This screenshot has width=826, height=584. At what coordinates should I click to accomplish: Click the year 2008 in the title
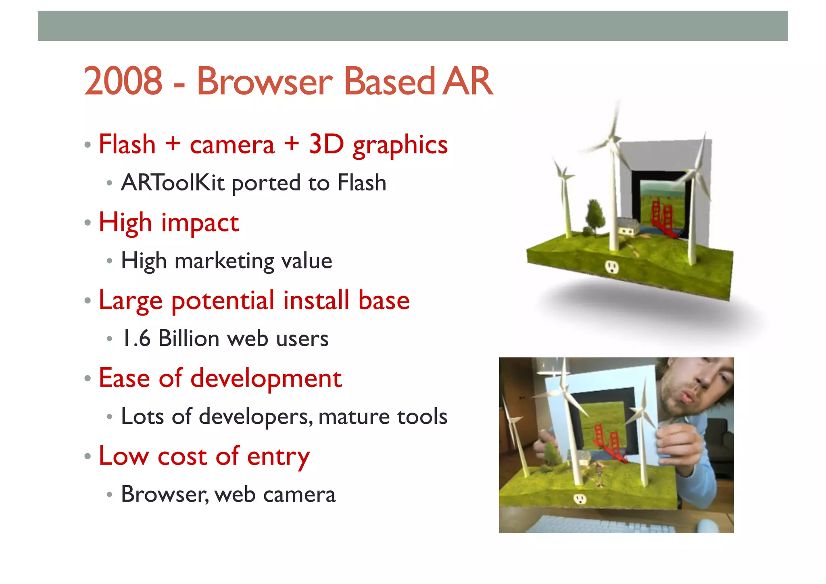pos(123,82)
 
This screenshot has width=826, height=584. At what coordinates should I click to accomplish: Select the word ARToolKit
pos(173,183)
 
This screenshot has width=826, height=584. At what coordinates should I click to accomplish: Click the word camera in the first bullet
pos(232,145)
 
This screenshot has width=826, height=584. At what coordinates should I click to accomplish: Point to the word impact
pos(200,223)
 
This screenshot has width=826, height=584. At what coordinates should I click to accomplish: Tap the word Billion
pos(189,339)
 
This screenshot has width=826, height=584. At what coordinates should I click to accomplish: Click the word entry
pos(278,457)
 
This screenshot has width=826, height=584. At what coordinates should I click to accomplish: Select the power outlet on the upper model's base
pos(612,267)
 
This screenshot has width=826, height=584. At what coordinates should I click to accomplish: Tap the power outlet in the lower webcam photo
pos(580,499)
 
